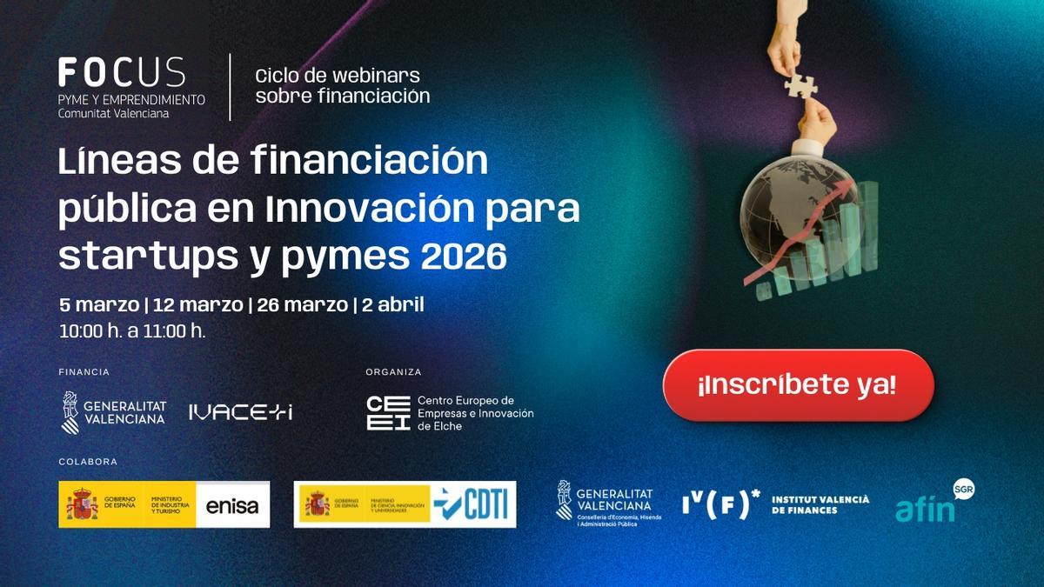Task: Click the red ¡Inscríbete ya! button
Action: (x=798, y=385)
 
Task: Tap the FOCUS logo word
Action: (x=121, y=72)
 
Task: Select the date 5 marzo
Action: (x=98, y=305)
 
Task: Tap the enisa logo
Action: (x=231, y=505)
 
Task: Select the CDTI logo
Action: (x=475, y=504)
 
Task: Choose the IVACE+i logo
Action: (x=240, y=412)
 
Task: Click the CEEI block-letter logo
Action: (x=388, y=413)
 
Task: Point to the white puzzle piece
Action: (x=800, y=85)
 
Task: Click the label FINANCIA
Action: (x=84, y=371)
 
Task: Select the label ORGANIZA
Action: (x=393, y=371)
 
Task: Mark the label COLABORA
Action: (x=87, y=462)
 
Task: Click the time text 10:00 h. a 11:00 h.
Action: (x=132, y=330)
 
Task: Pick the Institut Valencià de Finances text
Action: (x=820, y=504)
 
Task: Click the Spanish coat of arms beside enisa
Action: (x=83, y=505)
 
